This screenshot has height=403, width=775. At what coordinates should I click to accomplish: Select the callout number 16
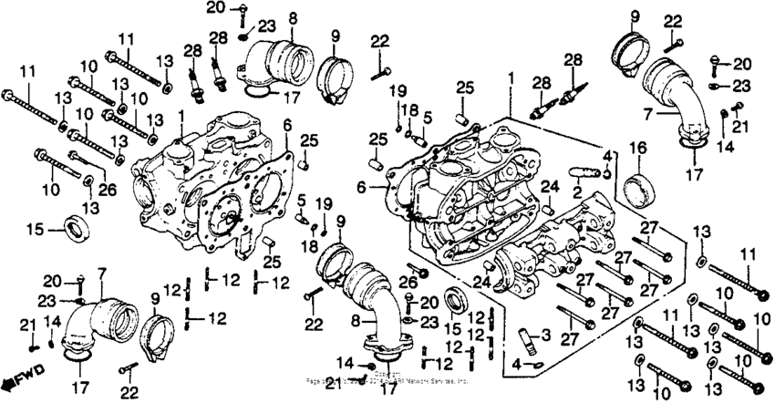pyautogui.click(x=636, y=148)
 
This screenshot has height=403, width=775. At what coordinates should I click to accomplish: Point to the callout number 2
pyautogui.click(x=577, y=194)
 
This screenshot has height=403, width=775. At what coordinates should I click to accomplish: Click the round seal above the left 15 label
pyautogui.click(x=74, y=226)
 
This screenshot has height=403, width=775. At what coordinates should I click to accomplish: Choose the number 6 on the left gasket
pyautogui.click(x=286, y=123)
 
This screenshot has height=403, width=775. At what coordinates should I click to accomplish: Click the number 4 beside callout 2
pyautogui.click(x=607, y=156)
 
